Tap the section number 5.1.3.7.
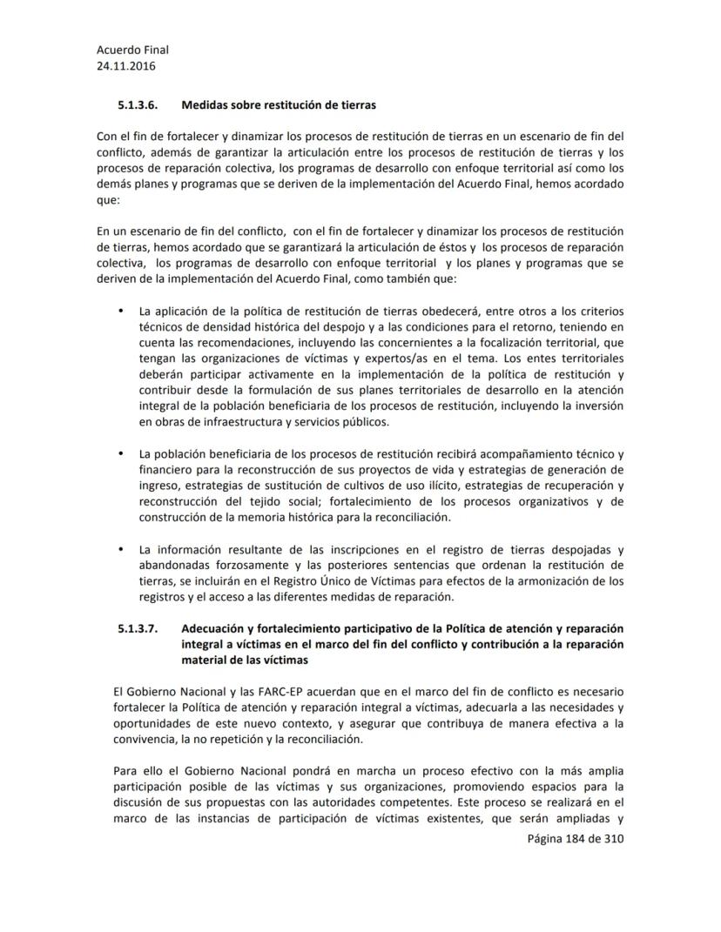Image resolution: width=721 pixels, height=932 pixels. [x=137, y=628]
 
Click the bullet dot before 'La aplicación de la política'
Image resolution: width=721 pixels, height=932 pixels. [x=118, y=312]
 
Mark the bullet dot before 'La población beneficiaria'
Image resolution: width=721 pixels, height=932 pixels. [x=118, y=453]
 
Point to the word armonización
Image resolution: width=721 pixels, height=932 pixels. [x=524, y=580]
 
